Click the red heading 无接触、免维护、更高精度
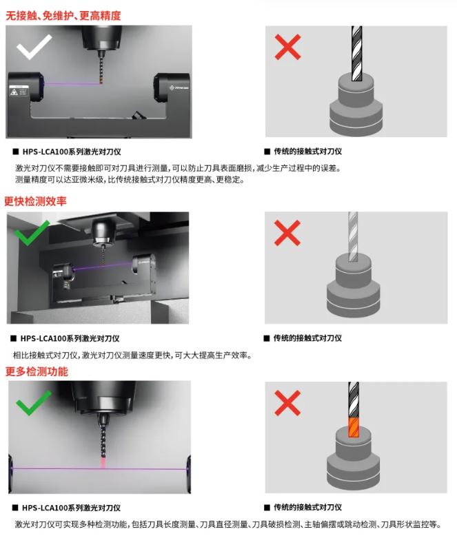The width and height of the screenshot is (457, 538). [x=63, y=15]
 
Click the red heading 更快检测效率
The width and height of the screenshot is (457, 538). [x=35, y=201]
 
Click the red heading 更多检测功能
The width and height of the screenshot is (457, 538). [x=37, y=371]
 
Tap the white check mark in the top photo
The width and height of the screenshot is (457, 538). [x=34, y=47]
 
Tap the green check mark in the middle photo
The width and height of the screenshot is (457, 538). [x=32, y=233]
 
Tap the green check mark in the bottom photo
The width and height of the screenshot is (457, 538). [x=34, y=402]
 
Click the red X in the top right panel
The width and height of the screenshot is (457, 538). [x=287, y=47]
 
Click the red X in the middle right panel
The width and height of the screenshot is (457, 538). [x=287, y=233]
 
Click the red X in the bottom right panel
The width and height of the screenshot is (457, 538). [x=287, y=403]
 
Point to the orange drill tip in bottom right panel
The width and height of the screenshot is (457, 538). [x=354, y=427]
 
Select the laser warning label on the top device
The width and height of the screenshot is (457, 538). [x=19, y=90]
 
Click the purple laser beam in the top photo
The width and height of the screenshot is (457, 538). [x=72, y=83]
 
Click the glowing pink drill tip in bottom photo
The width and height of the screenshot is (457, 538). [x=103, y=462]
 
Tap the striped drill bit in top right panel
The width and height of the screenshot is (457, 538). [x=357, y=53]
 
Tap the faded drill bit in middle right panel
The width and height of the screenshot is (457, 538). [x=353, y=237]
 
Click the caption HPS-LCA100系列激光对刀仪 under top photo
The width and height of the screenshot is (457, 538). [x=72, y=152]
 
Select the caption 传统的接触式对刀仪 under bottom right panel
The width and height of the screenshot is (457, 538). [x=307, y=507]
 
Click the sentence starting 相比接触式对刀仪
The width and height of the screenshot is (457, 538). [x=132, y=355]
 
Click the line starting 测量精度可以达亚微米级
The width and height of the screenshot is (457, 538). [x=130, y=179]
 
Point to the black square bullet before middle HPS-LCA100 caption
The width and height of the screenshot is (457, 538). [x=13, y=338]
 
